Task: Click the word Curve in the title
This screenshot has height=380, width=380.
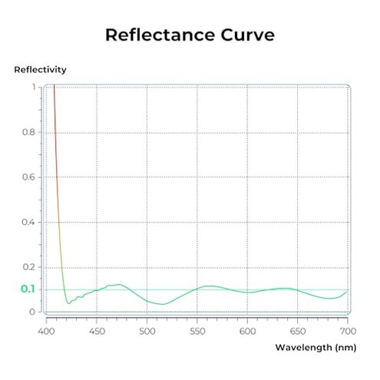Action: click(247, 35)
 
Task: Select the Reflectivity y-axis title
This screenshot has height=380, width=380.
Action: click(40, 70)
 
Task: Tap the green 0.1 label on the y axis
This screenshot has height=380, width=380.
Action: click(28, 289)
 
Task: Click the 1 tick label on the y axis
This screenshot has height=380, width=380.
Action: click(32, 87)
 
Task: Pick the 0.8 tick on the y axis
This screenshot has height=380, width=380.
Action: click(28, 132)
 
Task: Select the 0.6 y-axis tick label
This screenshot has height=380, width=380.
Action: click(28, 177)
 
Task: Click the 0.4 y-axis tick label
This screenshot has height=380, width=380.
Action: click(28, 223)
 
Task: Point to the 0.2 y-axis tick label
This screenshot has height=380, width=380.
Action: click(28, 267)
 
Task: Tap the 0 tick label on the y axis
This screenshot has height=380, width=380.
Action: click(32, 312)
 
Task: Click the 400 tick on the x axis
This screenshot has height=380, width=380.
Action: click(47, 331)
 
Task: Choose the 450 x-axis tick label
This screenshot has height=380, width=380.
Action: click(97, 331)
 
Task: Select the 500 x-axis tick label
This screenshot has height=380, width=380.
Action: click(147, 331)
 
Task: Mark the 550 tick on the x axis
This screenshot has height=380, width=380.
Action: click(197, 331)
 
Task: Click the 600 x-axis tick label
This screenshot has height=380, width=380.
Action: click(248, 331)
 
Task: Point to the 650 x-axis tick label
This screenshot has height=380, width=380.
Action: click(298, 331)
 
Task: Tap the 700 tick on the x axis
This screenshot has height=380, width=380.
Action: click(348, 331)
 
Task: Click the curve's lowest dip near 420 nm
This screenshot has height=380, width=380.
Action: click(68, 303)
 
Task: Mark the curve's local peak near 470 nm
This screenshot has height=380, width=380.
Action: click(117, 285)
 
